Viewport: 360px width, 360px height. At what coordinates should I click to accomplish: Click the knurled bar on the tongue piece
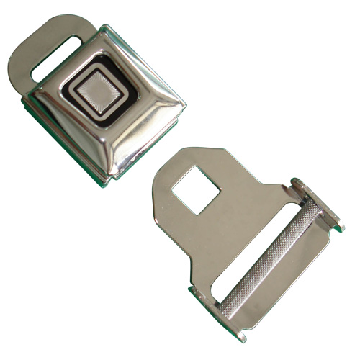coord(270,252)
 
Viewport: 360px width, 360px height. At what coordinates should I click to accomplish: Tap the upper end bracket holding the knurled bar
coord(317,205)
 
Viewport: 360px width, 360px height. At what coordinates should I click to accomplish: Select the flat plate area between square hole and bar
coord(216,230)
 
